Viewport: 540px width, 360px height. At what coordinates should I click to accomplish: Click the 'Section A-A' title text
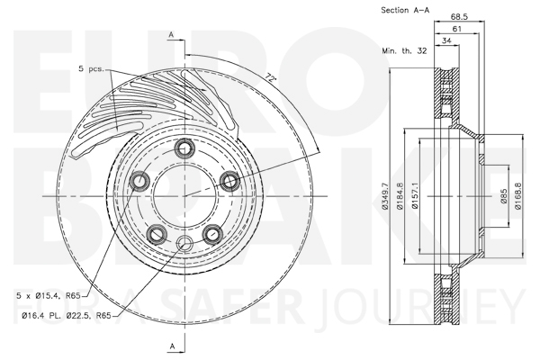[405, 10]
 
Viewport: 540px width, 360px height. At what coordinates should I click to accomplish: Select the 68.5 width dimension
[459, 16]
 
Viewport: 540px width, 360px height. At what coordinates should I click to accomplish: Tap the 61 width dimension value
[456, 29]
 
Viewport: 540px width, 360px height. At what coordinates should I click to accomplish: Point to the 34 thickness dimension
[446, 40]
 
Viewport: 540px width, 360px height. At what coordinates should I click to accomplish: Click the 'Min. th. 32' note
[404, 51]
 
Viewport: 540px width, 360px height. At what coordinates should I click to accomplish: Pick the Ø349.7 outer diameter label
[384, 196]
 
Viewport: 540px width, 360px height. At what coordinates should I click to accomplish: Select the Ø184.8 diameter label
[400, 196]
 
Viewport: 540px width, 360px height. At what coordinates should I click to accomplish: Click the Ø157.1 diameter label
[415, 195]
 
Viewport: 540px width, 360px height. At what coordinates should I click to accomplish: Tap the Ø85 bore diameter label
[504, 195]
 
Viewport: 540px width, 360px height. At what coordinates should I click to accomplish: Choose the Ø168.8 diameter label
[518, 195]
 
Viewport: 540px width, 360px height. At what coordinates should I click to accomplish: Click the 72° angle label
[271, 78]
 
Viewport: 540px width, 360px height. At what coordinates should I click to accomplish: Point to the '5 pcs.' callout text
[91, 68]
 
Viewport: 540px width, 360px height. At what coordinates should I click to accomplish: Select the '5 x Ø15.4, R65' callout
[49, 295]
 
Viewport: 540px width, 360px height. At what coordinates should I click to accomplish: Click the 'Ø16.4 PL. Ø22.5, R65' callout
[67, 315]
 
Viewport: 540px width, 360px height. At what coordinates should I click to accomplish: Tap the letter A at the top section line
[171, 35]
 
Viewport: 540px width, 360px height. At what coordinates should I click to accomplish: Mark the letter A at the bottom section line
[173, 346]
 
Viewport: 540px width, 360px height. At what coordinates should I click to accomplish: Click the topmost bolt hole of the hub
[184, 148]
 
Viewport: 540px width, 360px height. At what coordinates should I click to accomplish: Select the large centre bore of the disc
[184, 196]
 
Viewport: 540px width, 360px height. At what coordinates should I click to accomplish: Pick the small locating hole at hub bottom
[184, 243]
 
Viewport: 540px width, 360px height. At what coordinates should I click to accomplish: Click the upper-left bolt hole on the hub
[139, 181]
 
